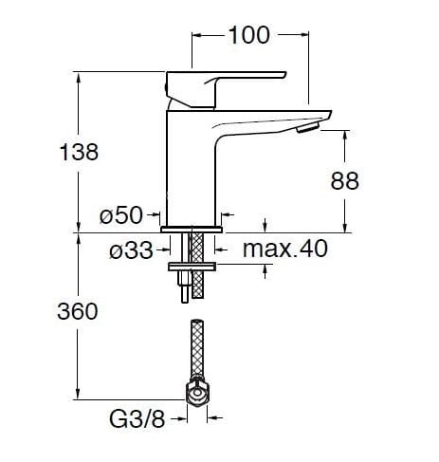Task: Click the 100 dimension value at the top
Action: pos(248,35)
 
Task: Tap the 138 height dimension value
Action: pos(79,152)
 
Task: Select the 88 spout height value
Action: pos(344,181)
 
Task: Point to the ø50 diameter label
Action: pos(121,215)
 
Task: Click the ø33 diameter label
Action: pos(131,250)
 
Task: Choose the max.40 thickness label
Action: pos(285,249)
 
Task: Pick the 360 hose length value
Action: pos(78,311)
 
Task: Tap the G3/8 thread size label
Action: pos(137,419)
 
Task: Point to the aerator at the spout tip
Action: pos(308,127)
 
